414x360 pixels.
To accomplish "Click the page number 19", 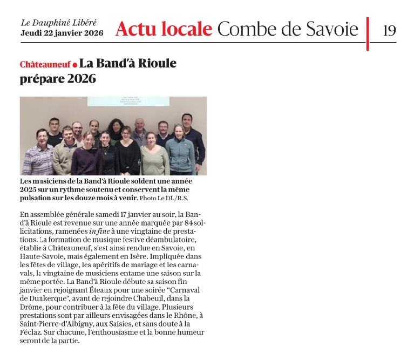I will pyautogui.click(x=389, y=29).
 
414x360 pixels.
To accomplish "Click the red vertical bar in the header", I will pyautogui.click(x=368, y=33).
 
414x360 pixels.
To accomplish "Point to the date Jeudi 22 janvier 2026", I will pyautogui.click(x=62, y=33).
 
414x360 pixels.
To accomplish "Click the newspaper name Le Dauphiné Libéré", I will pyautogui.click(x=59, y=23).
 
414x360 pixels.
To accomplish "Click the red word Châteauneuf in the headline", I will pyautogui.click(x=45, y=64).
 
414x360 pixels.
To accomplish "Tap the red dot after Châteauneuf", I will pyautogui.click(x=74, y=65).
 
